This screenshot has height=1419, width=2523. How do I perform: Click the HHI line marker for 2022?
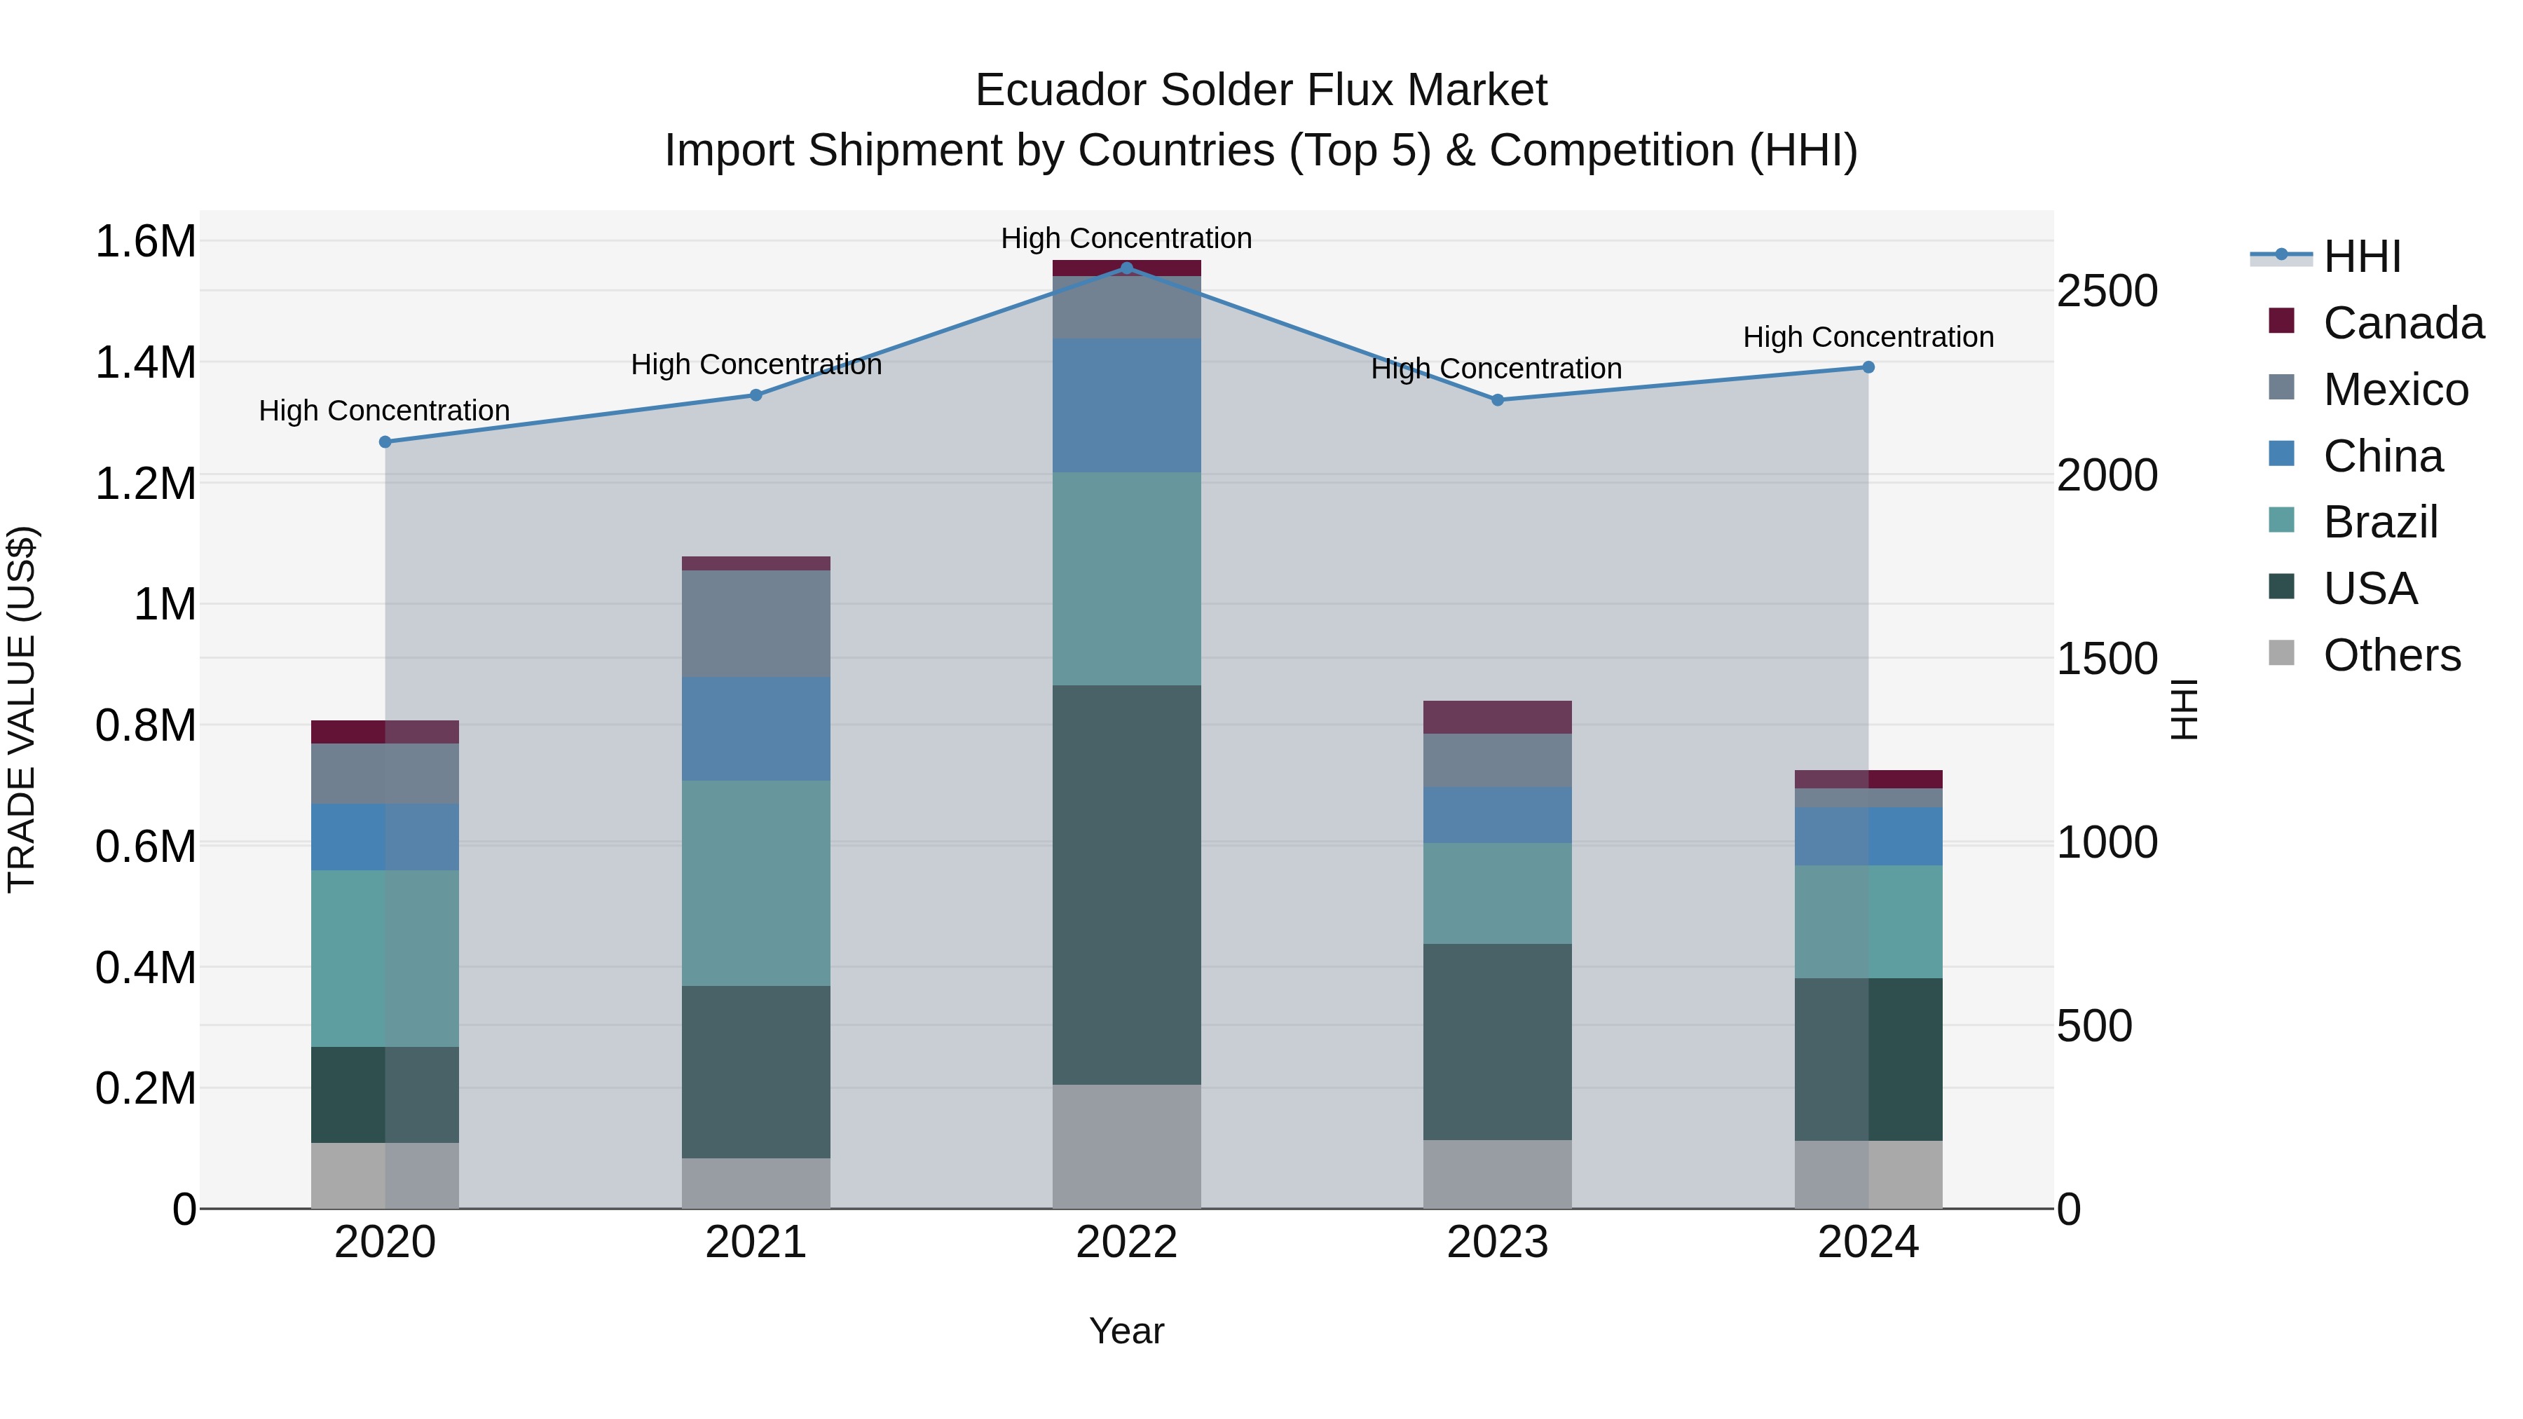click(x=1126, y=268)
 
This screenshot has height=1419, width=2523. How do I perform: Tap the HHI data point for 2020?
click(x=385, y=441)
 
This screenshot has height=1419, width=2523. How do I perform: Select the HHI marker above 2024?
click(x=1868, y=367)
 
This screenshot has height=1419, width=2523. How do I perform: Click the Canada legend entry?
click(x=2402, y=323)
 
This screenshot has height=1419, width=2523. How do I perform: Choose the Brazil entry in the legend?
click(x=2380, y=522)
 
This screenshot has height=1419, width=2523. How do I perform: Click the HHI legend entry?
click(x=2361, y=256)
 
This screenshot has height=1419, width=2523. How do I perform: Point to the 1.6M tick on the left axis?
click(x=145, y=241)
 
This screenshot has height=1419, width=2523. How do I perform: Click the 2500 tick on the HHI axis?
click(x=2107, y=291)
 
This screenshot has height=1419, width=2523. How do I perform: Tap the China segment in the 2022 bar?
click(x=1126, y=406)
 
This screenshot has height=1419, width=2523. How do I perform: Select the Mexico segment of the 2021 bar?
click(x=756, y=623)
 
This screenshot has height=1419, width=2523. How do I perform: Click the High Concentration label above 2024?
click(x=1868, y=337)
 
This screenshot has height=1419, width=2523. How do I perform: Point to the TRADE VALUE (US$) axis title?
click(x=22, y=709)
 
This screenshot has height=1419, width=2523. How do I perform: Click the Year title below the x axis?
click(x=1126, y=1331)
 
